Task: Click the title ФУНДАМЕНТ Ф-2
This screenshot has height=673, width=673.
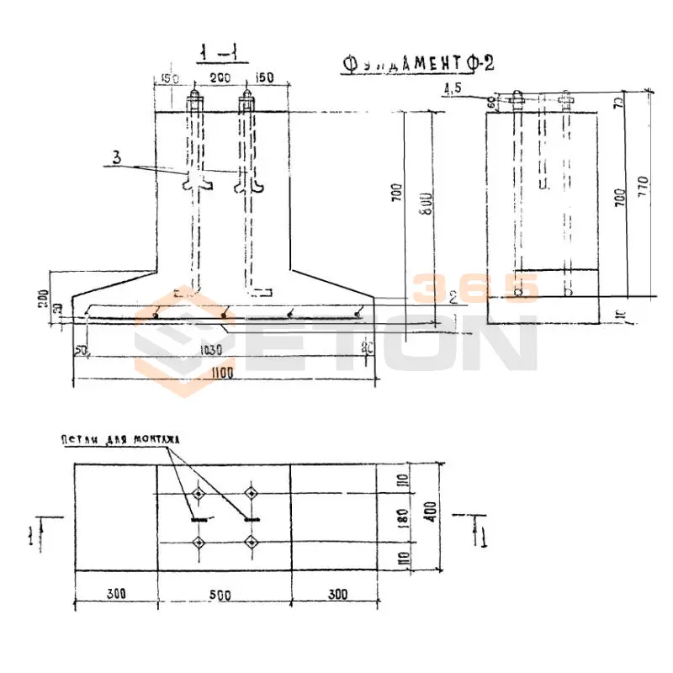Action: tap(417, 64)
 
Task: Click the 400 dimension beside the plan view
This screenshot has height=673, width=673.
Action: tap(431, 516)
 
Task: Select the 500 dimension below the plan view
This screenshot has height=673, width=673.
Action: tap(221, 594)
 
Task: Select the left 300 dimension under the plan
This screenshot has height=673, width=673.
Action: tap(116, 594)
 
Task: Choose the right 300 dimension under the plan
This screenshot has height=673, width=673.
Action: tap(337, 594)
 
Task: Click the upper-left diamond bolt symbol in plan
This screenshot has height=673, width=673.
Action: tap(199, 494)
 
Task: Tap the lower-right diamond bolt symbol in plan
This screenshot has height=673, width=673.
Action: tap(250, 543)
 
